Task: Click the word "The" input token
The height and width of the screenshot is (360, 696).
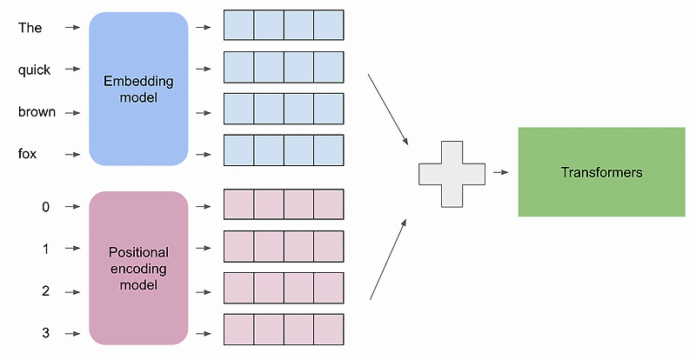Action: pos(30,28)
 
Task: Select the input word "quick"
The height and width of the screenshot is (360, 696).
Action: pos(35,70)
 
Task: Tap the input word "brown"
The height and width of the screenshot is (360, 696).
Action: pos(37,112)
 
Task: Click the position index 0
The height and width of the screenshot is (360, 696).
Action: pos(45,207)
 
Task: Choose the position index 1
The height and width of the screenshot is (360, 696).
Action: pos(45,249)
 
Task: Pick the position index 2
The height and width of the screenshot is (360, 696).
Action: pos(45,290)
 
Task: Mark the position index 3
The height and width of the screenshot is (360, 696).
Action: pos(45,332)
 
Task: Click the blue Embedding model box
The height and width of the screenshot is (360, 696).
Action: pos(139,90)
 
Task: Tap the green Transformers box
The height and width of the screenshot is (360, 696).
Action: pos(601,172)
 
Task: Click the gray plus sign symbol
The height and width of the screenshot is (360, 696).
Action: pos(452,172)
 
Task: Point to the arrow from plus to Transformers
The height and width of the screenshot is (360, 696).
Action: pos(500,172)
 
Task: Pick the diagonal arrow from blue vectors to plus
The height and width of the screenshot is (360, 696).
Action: pos(388,109)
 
